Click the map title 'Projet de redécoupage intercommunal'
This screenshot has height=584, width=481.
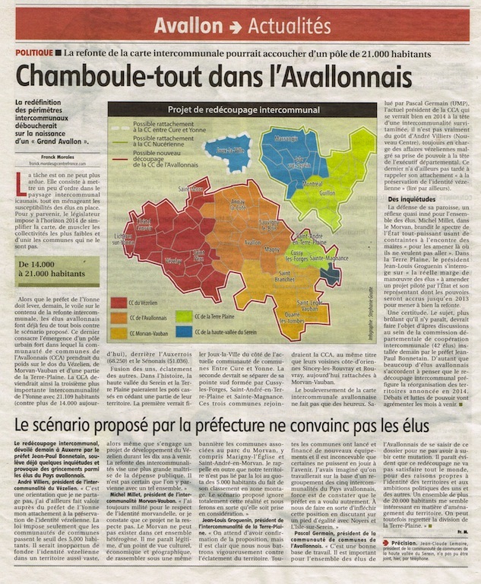pos(240,109)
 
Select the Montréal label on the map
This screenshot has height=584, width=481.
pos(313,184)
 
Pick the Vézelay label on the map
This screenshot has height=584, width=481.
pos(174,260)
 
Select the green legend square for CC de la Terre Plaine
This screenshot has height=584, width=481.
pos(183,313)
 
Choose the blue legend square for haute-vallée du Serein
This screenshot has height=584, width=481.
pos(183,331)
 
